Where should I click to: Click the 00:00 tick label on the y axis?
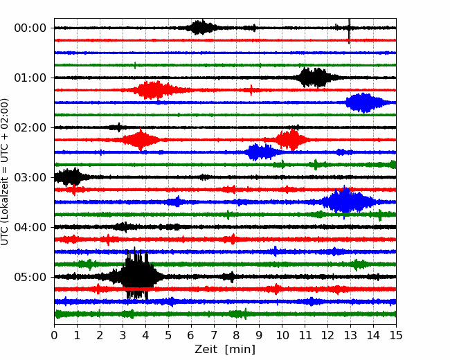pyautogui.click(x=30, y=28)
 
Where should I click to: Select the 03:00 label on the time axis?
pyautogui.click(x=30, y=177)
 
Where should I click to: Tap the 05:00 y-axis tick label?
pyautogui.click(x=30, y=278)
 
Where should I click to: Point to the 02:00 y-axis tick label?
pyautogui.click(x=30, y=127)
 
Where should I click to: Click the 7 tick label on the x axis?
pyautogui.click(x=214, y=335)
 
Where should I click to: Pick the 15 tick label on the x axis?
pyautogui.click(x=396, y=335)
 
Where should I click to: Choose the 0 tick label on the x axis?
pyautogui.click(x=54, y=335)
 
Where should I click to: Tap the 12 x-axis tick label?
pyautogui.click(x=327, y=335)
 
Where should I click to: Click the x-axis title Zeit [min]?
pyautogui.click(x=225, y=350)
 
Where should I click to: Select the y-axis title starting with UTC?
pyautogui.click(x=4, y=172)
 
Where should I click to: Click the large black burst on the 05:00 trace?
pyautogui.click(x=137, y=273)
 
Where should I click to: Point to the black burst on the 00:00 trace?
pyautogui.click(x=201, y=28)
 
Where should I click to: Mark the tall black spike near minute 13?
pyautogui.click(x=349, y=31)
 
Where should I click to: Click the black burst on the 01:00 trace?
pyautogui.click(x=314, y=78)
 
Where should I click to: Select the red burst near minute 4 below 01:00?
pyautogui.click(x=154, y=90)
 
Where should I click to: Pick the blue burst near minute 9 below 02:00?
pyautogui.click(x=262, y=152)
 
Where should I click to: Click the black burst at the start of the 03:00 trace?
pyautogui.click(x=69, y=177)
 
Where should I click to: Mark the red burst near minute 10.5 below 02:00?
pyautogui.click(x=291, y=140)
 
